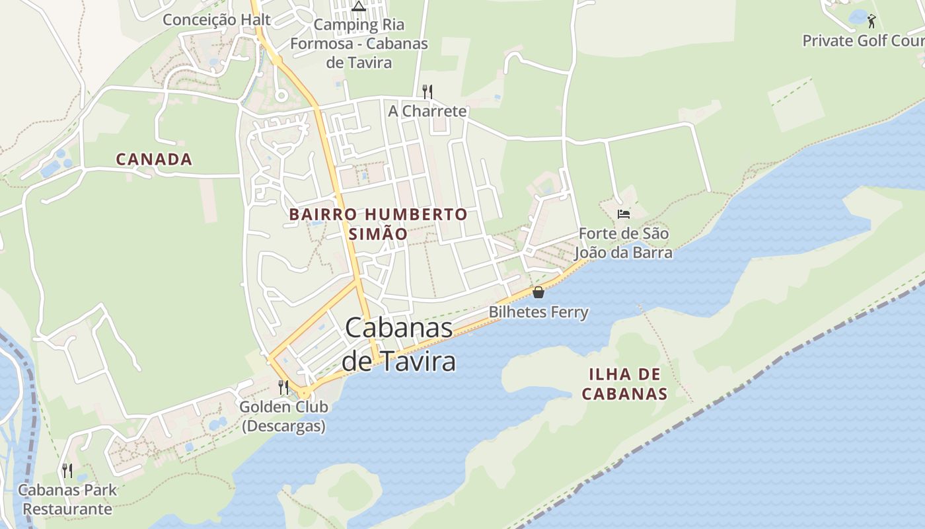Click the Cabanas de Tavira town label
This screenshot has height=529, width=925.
[x=399, y=345]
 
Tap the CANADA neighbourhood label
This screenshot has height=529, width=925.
[x=154, y=159]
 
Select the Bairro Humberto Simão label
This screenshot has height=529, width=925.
[x=378, y=224]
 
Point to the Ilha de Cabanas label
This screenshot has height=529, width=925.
[x=624, y=384]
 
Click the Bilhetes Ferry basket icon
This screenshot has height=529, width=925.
[x=538, y=292]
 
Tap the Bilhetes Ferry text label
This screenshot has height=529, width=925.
[x=538, y=311]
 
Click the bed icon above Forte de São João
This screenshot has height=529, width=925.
[x=623, y=214]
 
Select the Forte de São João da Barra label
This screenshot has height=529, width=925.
[x=623, y=243]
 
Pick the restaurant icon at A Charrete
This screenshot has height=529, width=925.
[x=427, y=91]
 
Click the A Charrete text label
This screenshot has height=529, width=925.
[x=427, y=111]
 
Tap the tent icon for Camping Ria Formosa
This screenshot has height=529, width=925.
[x=359, y=7]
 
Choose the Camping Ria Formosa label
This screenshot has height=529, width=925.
[x=359, y=44]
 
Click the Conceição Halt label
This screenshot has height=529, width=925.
[x=217, y=20]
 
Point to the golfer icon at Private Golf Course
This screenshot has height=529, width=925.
[x=871, y=21]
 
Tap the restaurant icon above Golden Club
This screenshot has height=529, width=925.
[x=283, y=387]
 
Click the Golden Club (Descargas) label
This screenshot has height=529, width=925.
[x=283, y=417]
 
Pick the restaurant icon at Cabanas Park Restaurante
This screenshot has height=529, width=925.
[x=67, y=470]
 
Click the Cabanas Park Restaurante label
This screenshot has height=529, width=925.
[x=67, y=499]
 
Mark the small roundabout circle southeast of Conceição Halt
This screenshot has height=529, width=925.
[x=281, y=95]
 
